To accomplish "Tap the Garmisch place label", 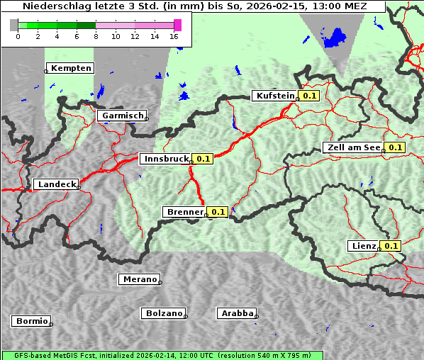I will (x=123, y=116).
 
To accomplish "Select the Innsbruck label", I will (x=165, y=159).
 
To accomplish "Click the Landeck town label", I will (x=56, y=184).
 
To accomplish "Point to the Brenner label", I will (x=184, y=212).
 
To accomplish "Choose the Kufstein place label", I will (x=274, y=96).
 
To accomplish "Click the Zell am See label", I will (x=352, y=147).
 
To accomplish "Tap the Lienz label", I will (x=363, y=246).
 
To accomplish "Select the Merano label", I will (x=139, y=279).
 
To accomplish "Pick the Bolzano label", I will (x=164, y=313).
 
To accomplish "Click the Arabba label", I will (x=237, y=313).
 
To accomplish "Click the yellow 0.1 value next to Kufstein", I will (x=310, y=96).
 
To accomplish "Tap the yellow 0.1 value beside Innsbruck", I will (x=203, y=159).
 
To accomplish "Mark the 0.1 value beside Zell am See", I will (x=395, y=147).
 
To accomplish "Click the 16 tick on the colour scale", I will (x=174, y=36).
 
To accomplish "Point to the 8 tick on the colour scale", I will (x=96, y=36).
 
